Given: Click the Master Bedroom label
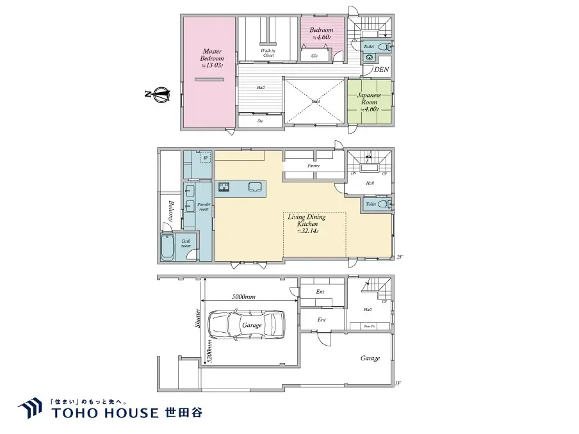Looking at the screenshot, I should [211, 58].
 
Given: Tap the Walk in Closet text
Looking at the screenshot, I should [268, 53].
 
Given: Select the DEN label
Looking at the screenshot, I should [382, 69].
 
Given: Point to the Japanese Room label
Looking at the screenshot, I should [369, 102].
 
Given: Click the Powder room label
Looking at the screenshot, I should [203, 206].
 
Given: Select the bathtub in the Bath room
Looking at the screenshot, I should [167, 246].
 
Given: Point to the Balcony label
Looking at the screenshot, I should [172, 212].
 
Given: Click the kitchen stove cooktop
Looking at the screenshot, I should [224, 187].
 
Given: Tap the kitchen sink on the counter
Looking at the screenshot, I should [254, 187].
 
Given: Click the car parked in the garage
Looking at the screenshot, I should [247, 325].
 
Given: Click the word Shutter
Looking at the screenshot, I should [198, 319].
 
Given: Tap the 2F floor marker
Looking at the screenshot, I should [399, 257].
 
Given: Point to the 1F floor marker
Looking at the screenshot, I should [398, 383].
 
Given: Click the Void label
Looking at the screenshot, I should [315, 102].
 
